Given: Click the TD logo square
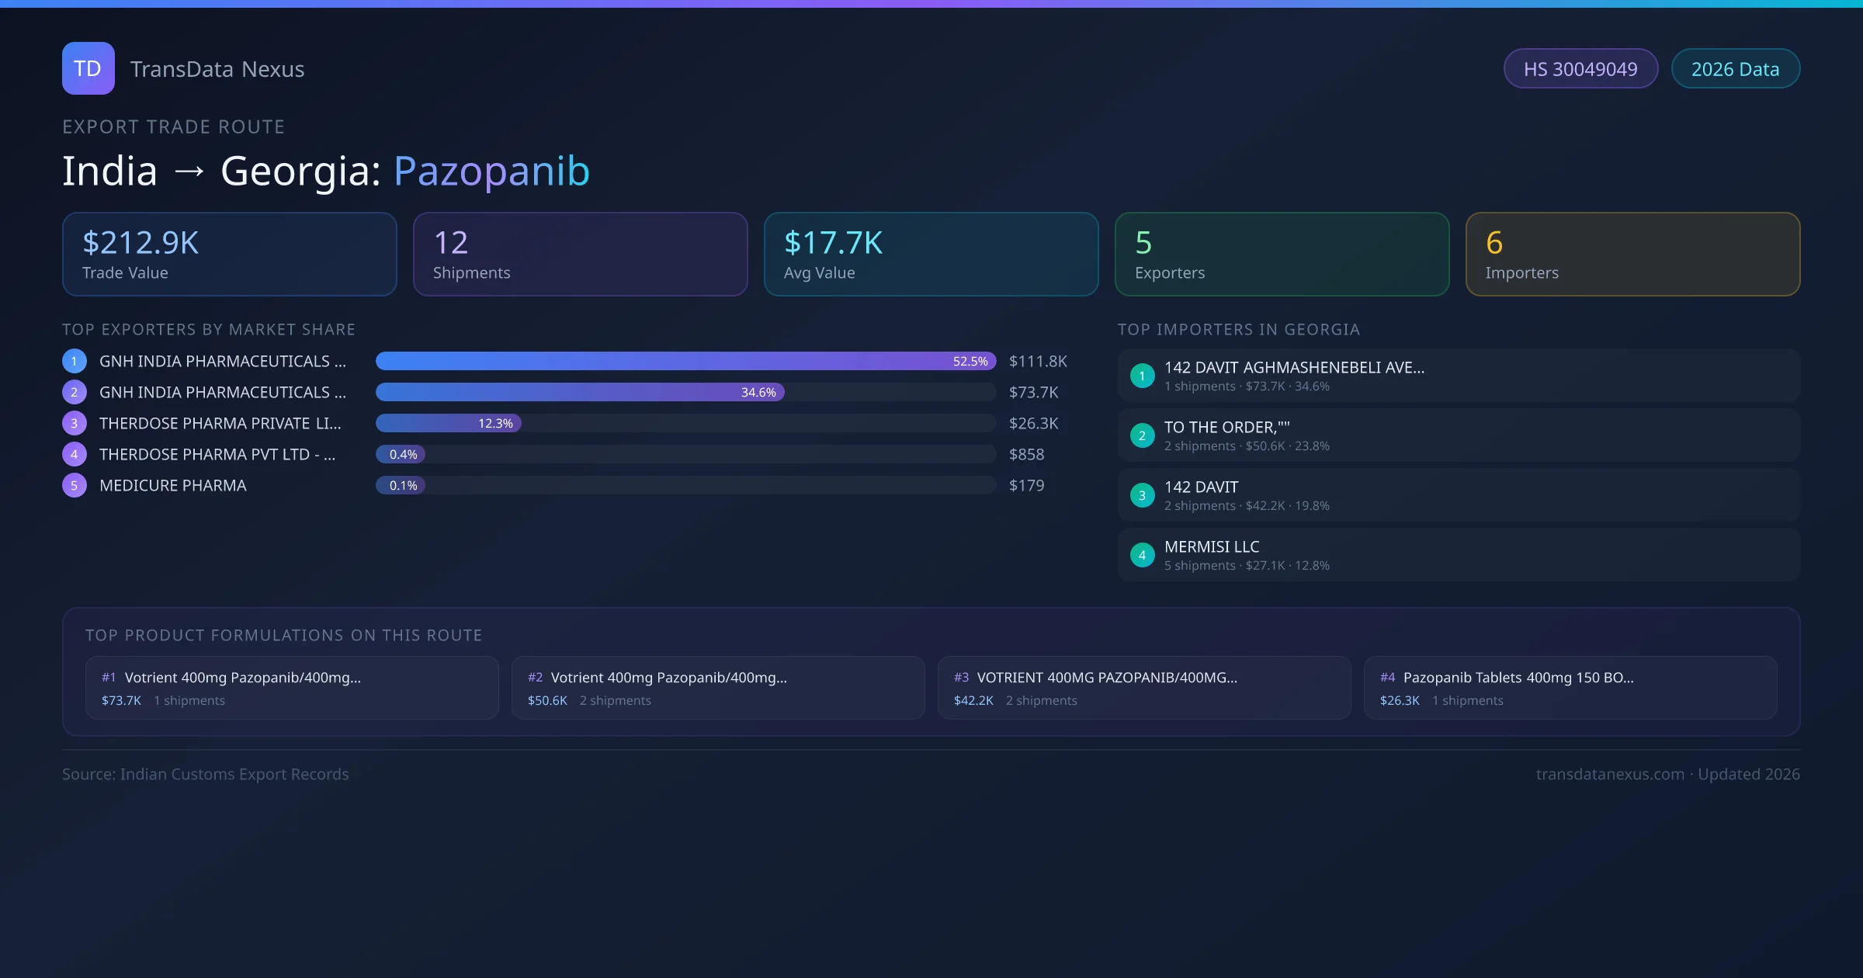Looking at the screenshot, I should (88, 68).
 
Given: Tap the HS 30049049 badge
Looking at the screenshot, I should (1580, 69).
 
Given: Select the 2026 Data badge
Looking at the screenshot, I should (1735, 69).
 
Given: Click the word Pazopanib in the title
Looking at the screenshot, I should (491, 171).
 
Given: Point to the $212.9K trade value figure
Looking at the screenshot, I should (141, 243).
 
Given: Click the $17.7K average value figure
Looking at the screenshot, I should (833, 243).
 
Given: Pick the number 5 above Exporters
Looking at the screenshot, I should (1143, 243).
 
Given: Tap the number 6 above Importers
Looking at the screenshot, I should (1494, 243).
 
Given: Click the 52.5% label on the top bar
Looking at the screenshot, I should (970, 361).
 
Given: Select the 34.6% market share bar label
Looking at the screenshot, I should (758, 392).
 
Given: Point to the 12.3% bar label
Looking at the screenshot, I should (495, 423).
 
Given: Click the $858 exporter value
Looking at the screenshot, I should (1026, 454).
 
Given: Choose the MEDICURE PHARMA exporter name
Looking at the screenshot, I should (172, 485).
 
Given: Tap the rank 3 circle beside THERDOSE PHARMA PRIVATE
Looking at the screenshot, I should (74, 423).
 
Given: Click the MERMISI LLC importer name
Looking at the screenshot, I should (1212, 546).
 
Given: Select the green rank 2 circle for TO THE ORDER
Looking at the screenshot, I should (1142, 435).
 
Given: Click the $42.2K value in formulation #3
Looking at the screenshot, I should (973, 700).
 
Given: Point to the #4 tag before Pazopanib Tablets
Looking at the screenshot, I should (1387, 678).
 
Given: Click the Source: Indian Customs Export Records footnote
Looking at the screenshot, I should (206, 774).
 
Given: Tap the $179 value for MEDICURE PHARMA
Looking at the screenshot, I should (1026, 485).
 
